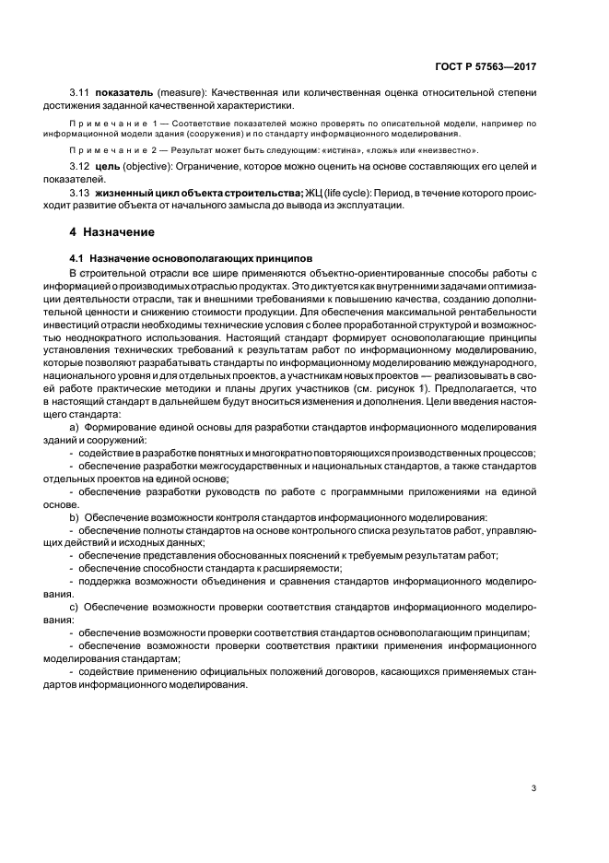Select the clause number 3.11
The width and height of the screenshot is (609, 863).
80,92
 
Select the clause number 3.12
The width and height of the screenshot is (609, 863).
80,165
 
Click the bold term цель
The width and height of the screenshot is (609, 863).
110,165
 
